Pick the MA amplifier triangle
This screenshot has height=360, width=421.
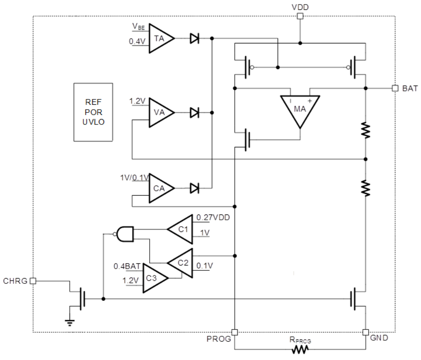click(300, 109)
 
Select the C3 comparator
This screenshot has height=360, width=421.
click(154, 278)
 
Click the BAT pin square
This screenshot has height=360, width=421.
click(395, 88)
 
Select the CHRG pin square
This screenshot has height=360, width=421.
click(33, 281)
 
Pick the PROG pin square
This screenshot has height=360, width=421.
click(235, 332)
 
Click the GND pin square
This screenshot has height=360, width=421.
click(365, 332)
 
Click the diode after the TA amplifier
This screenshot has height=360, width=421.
click(194, 39)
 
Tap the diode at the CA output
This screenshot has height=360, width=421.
click(194, 188)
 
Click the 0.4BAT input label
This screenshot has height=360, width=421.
click(127, 266)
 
